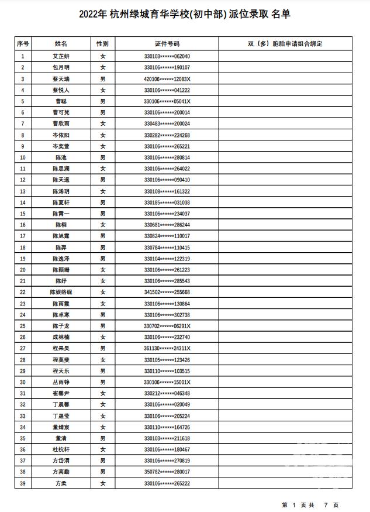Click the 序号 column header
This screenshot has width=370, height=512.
point(23,44)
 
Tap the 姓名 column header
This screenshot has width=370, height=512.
point(61,44)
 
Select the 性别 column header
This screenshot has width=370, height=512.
point(103,44)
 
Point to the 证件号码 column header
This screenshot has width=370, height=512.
point(167,44)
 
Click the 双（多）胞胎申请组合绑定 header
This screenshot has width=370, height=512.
point(285,44)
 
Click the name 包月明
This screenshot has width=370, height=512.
point(61,68)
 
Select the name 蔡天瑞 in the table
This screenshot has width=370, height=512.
point(61,79)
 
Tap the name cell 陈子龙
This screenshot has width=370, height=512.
point(61,326)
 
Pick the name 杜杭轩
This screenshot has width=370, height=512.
point(61,449)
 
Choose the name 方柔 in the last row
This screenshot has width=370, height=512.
point(61,483)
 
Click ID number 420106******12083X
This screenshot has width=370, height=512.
point(167,79)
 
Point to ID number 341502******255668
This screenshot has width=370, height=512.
point(167,292)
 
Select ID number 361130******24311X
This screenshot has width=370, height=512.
point(167,348)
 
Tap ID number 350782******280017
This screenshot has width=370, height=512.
point(167,472)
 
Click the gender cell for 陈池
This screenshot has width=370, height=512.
point(103,157)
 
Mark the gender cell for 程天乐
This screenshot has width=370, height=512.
point(103,371)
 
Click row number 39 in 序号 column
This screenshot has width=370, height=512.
point(23,483)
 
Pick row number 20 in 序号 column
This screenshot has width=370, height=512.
point(23,270)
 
